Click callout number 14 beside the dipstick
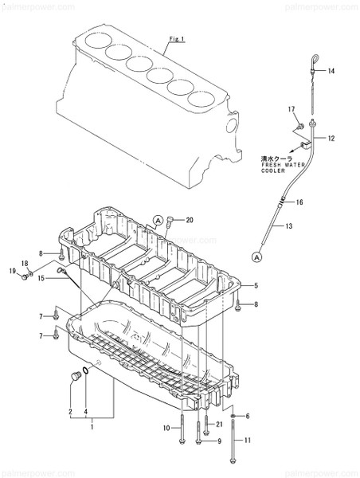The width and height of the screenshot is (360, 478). (331, 72)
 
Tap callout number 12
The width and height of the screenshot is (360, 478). (331, 138)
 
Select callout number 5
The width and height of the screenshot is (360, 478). (256, 286)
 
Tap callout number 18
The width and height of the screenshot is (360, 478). (24, 264)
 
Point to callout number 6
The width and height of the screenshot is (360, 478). (247, 416)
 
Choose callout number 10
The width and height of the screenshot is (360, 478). (166, 429)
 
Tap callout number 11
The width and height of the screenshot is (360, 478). (247, 441)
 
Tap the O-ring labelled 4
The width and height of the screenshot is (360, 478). (86, 370)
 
